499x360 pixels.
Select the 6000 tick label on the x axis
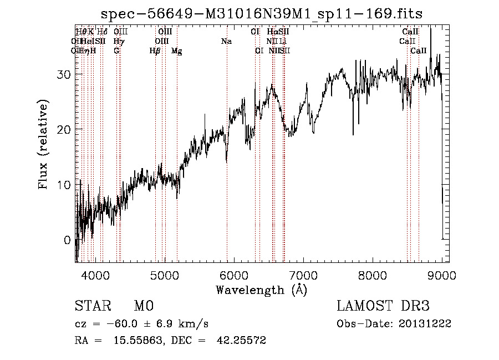(233, 276)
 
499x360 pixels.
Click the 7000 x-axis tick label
(303, 276)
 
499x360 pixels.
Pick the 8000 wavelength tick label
(373, 276)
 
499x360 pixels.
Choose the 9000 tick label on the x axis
(442, 276)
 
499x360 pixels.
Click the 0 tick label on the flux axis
(67, 240)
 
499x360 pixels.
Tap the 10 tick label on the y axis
(63, 185)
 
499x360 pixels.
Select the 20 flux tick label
(63, 129)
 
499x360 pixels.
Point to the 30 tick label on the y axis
(63, 74)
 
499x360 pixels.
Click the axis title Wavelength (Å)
(262, 290)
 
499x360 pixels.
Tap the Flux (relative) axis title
(44, 144)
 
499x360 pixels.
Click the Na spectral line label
(226, 42)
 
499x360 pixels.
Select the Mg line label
(177, 51)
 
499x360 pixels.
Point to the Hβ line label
(155, 51)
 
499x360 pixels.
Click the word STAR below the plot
(93, 306)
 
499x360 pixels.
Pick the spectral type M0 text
(144, 306)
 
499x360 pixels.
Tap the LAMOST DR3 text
(383, 306)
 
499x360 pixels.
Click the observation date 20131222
(427, 324)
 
